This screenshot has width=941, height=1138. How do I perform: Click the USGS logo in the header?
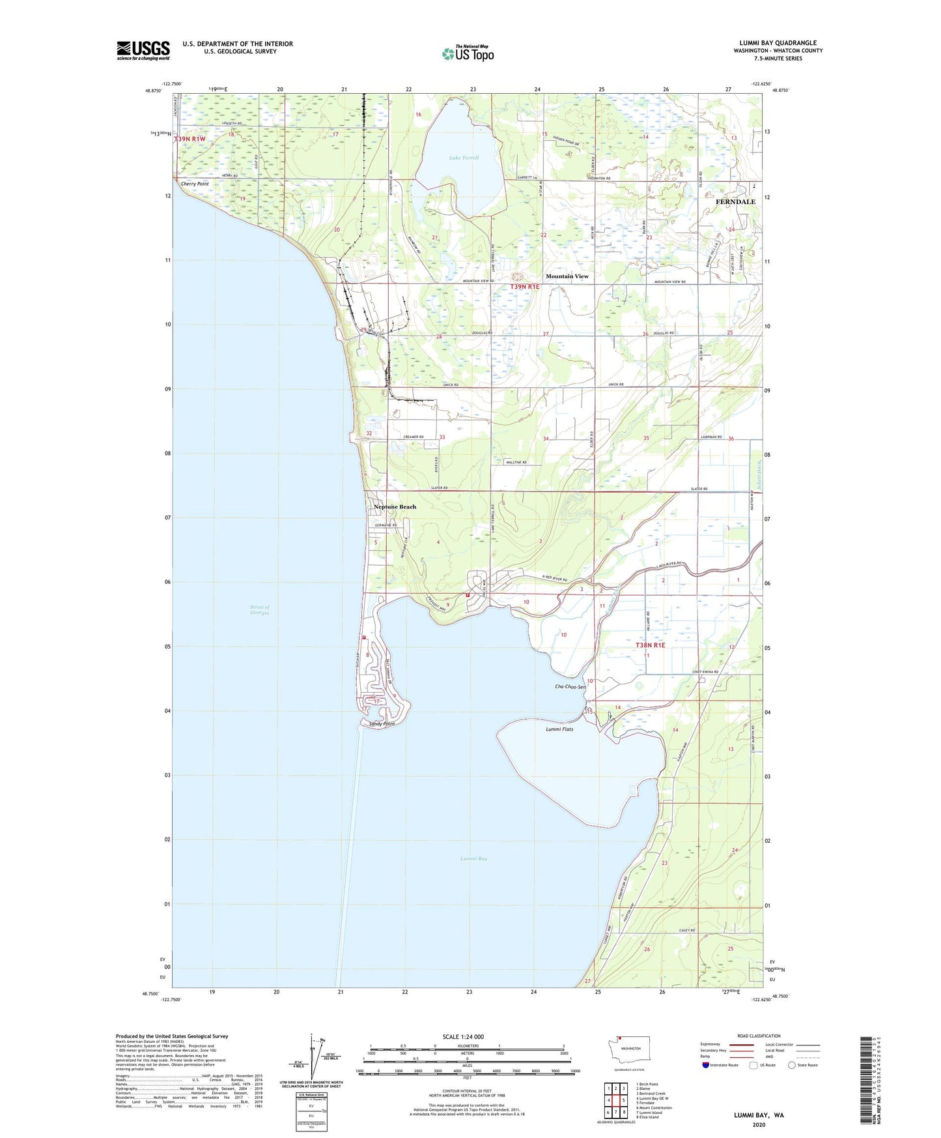tap(143, 50)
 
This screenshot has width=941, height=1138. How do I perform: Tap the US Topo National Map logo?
tap(468, 53)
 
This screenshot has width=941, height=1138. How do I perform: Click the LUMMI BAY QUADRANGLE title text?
tap(778, 43)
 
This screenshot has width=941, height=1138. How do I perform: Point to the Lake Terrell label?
tap(464, 158)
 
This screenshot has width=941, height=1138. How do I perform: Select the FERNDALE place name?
tap(735, 202)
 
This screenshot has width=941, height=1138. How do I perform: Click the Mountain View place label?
tap(567, 276)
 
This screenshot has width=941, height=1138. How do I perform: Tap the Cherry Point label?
tap(195, 184)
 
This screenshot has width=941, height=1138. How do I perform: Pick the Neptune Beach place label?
tap(395, 507)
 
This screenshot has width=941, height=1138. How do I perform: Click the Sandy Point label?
tap(382, 724)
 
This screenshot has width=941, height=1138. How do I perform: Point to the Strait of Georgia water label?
tap(259, 610)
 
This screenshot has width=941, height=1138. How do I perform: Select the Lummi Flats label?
tap(559, 729)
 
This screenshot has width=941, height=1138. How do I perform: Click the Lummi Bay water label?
tap(473, 859)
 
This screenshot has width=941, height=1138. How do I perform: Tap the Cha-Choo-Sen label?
tap(570, 687)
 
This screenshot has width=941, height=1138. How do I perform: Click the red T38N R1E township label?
tap(650, 645)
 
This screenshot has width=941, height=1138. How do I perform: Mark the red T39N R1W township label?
tap(190, 139)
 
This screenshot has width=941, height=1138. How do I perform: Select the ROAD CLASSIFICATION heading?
tap(759, 1036)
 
